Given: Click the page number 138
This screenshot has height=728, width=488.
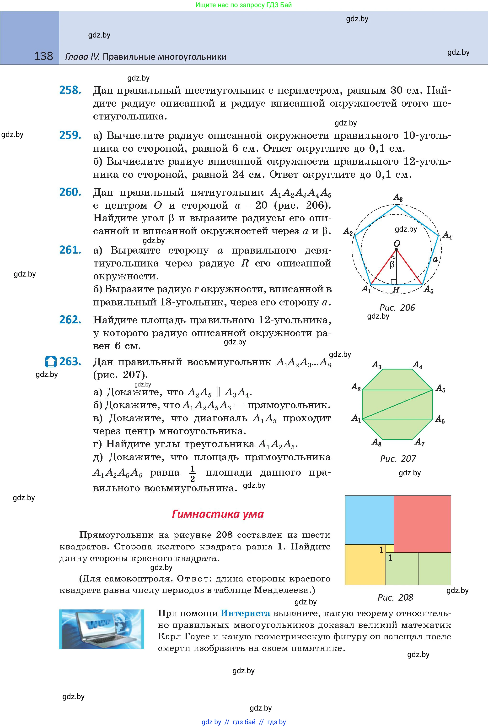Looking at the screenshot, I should pos(43,56).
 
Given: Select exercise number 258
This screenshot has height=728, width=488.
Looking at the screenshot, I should pos(70,90).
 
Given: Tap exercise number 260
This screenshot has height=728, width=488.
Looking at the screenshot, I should pos(70,192).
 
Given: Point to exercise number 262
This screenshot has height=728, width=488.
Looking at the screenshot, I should pos(70,320).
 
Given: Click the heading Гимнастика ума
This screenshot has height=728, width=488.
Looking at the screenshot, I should pos(218,514).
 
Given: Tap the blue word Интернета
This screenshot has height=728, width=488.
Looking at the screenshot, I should pos(245,613).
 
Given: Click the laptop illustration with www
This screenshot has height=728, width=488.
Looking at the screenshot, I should pos(102,629).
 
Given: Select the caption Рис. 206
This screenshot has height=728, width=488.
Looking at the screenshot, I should pos(397,308).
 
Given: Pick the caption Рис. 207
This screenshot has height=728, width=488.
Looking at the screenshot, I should pos(398,459).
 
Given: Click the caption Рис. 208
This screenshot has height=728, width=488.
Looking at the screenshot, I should pos(395,598).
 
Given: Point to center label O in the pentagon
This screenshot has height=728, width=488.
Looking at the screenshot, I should pos(397,244).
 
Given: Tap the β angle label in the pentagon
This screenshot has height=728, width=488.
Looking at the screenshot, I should pos(392,265).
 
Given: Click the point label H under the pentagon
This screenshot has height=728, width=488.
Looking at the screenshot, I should pos(396,290).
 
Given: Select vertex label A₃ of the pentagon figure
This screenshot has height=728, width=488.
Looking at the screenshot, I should pos(398,197).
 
